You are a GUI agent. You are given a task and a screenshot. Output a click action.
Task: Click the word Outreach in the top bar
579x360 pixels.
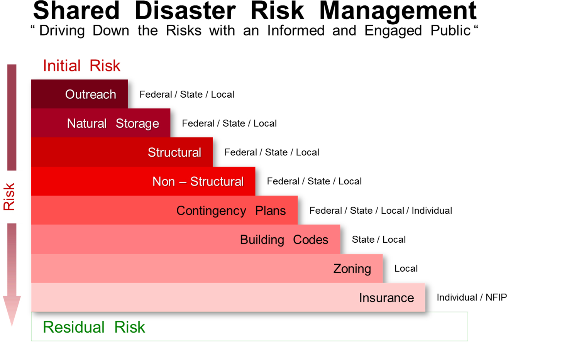click(x=90, y=94)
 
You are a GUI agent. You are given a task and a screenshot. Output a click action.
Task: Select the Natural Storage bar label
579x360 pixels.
click(x=113, y=123)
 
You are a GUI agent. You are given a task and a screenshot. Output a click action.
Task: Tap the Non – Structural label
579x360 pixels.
click(x=198, y=181)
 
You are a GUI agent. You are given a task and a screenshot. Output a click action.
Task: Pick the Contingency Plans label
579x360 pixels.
click(x=231, y=211)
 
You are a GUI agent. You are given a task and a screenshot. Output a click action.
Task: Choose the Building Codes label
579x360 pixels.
click(x=284, y=240)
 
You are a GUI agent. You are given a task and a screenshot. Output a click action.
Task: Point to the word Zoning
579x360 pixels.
click(x=352, y=269)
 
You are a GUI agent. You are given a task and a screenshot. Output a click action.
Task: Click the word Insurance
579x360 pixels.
click(x=386, y=298)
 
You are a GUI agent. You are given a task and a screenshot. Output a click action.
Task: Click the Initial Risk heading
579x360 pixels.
click(x=81, y=66)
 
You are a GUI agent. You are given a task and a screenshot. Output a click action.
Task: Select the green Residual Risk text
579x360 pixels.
click(x=94, y=327)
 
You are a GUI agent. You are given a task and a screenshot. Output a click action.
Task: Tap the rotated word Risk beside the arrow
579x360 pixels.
click(x=9, y=197)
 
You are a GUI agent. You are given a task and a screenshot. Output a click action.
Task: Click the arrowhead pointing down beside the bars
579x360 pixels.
click(x=12, y=311)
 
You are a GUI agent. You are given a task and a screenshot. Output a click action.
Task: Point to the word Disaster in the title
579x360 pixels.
click(x=185, y=11)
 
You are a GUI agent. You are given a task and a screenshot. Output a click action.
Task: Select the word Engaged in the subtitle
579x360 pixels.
click(x=393, y=31)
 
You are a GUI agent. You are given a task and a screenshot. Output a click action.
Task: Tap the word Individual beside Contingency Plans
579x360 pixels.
click(x=432, y=211)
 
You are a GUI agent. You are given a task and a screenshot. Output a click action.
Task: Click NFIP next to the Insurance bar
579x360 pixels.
click(x=496, y=297)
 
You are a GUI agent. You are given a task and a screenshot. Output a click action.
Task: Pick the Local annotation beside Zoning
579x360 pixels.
click(x=406, y=269)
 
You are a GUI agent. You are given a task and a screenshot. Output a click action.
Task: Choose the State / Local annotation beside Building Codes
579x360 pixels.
click(x=379, y=240)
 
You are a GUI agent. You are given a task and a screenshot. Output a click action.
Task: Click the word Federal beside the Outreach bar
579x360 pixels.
click(x=156, y=95)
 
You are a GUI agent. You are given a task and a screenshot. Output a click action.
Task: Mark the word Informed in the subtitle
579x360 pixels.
click(x=296, y=30)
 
